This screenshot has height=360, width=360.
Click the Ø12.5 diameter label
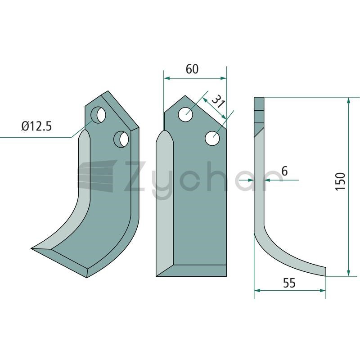click(37, 126)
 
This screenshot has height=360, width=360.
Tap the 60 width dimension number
click(192, 69)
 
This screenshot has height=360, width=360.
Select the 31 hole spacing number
click(217, 101)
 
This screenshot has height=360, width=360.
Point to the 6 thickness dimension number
click(284, 171)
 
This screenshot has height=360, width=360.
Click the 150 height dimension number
click(340, 181)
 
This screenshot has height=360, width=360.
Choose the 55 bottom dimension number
click(289, 283)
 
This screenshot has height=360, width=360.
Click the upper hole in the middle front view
click(185, 114)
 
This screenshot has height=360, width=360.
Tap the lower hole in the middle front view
click(212, 138)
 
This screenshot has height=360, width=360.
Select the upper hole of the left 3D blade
click(99, 115)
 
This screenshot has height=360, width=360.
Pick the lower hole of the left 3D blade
click(121, 139)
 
